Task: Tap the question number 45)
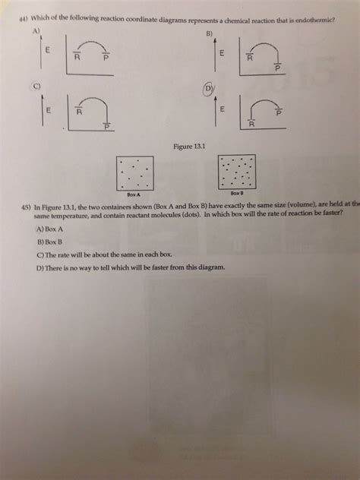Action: click(x=27, y=206)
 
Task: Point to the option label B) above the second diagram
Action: click(x=208, y=34)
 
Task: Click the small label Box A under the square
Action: click(x=134, y=195)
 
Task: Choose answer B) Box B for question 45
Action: click(x=49, y=242)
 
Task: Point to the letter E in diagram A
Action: click(x=47, y=51)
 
